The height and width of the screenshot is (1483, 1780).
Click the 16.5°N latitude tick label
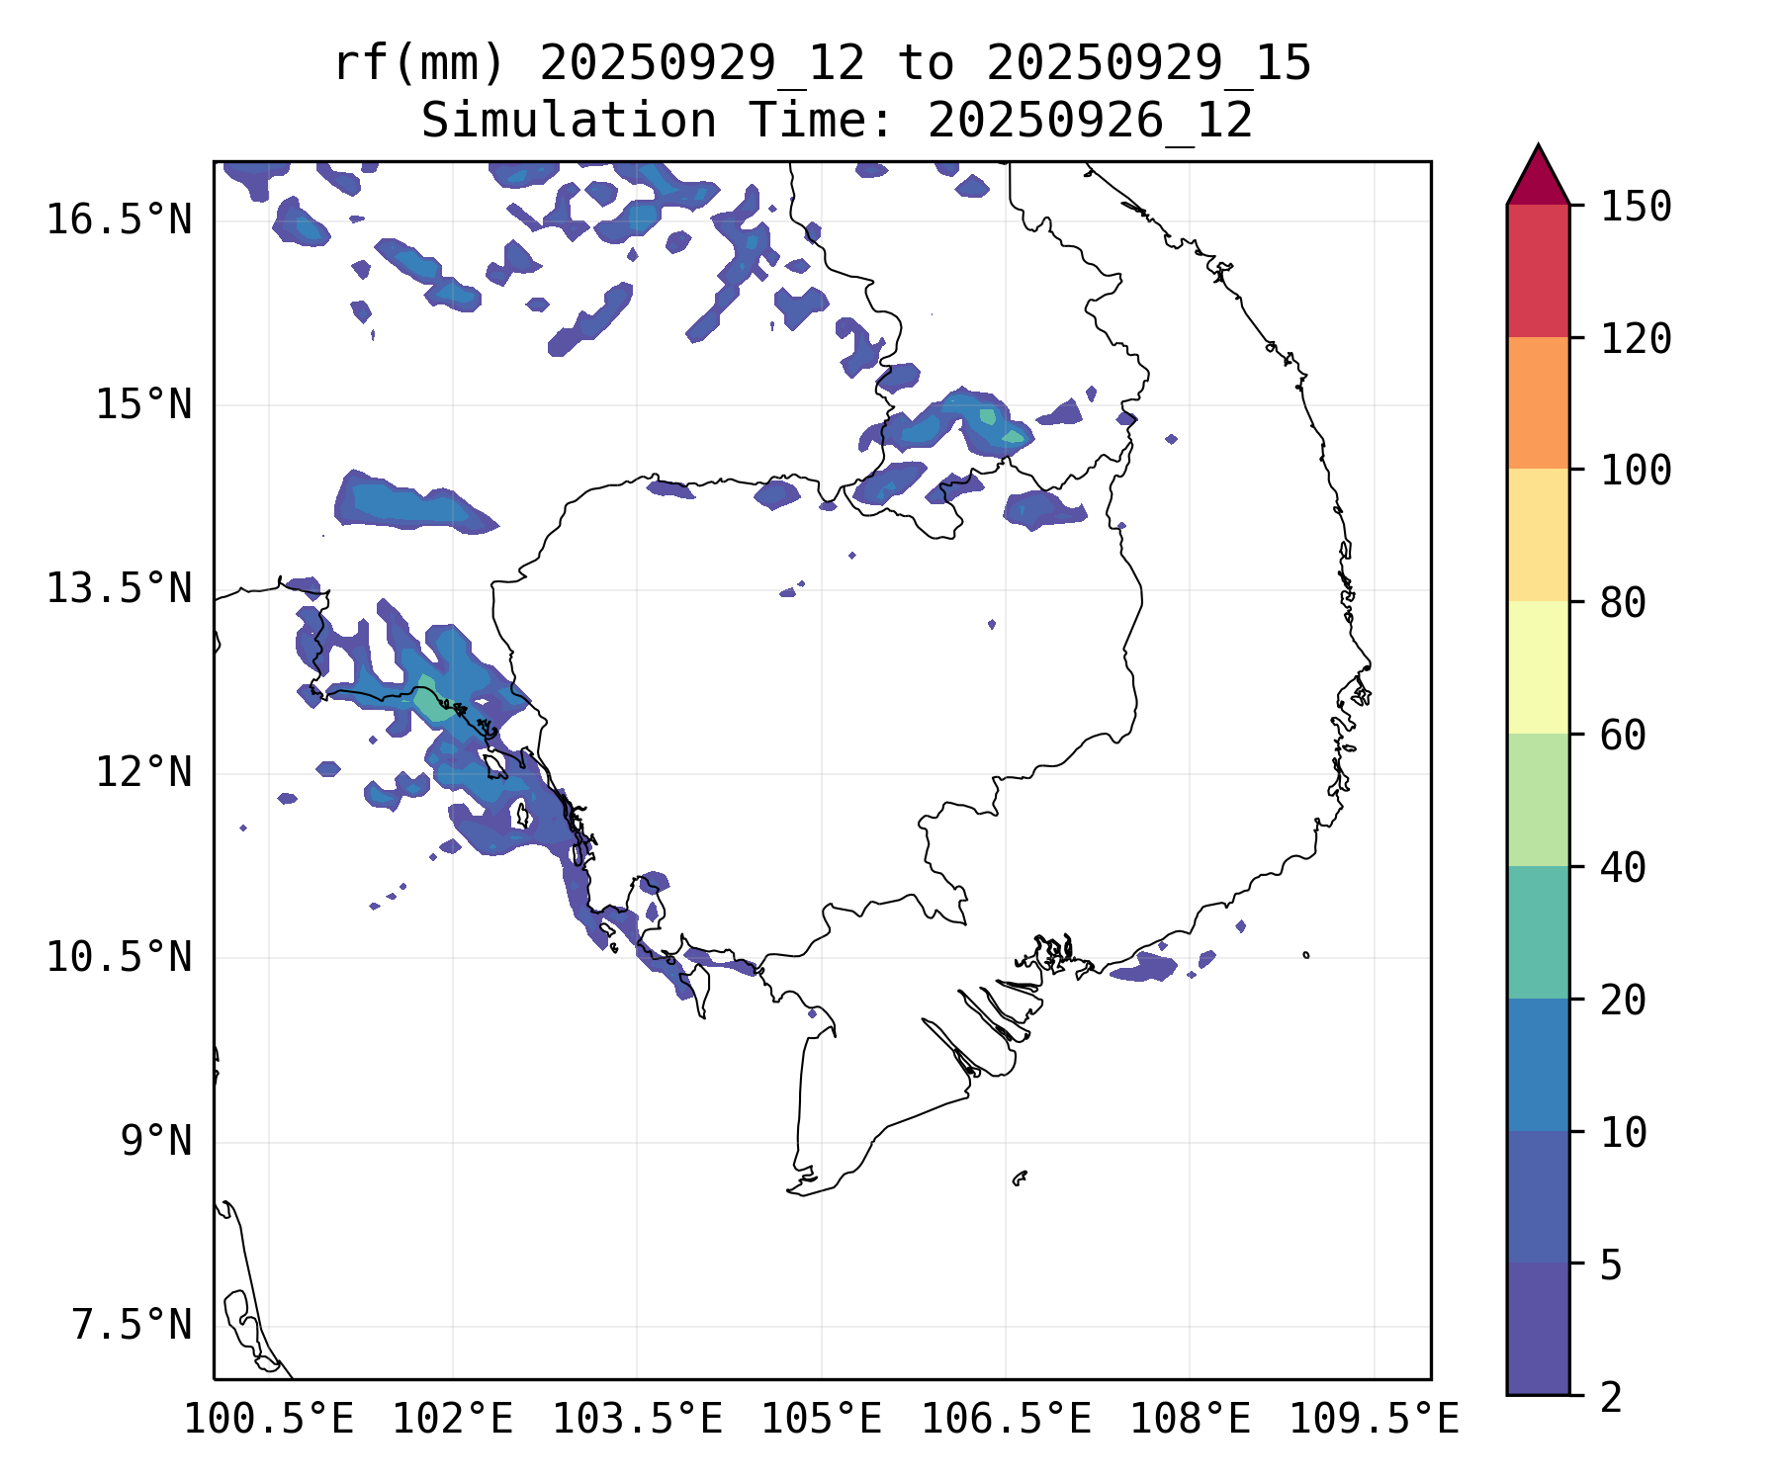pyautogui.click(x=119, y=219)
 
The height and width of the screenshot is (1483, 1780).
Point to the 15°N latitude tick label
pyautogui.click(x=143, y=404)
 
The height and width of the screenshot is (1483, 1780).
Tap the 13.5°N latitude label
pyautogui.click(x=119, y=588)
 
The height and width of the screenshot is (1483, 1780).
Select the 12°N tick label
pyautogui.click(x=143, y=772)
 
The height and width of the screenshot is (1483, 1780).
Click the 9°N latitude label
pyautogui.click(x=156, y=1141)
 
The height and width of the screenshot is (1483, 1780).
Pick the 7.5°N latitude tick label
pyautogui.click(x=132, y=1325)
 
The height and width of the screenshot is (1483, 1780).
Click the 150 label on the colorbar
pyautogui.click(x=1636, y=207)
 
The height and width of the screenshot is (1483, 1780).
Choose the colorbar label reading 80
pyautogui.click(x=1623, y=602)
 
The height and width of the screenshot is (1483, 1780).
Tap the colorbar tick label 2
pyautogui.click(x=1611, y=1397)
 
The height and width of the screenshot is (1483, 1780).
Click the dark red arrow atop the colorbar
pyautogui.click(x=1538, y=178)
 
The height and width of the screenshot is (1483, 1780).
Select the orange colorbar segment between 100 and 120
pyautogui.click(x=1538, y=402)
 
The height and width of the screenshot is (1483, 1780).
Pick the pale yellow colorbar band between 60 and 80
pyautogui.click(x=1538, y=667)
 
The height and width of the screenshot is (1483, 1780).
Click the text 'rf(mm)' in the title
pyautogui.click(x=419, y=64)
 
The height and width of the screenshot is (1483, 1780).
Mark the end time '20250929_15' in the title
pyautogui.click(x=1148, y=64)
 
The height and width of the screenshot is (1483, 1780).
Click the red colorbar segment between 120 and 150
pyautogui.click(x=1538, y=271)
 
